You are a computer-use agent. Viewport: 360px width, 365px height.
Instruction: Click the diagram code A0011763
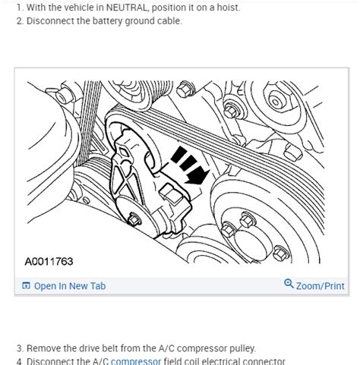(49, 262)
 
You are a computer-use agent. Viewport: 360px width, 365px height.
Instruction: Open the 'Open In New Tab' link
(70, 286)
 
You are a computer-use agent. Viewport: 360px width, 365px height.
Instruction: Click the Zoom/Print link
(320, 286)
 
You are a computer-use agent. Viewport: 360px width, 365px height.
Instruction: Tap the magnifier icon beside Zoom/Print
(289, 285)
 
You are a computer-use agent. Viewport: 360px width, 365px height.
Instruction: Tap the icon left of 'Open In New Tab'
(26, 286)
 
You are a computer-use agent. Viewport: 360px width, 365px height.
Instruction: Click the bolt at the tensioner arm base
(134, 221)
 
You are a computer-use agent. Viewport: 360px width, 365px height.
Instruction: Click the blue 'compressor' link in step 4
(136, 362)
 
